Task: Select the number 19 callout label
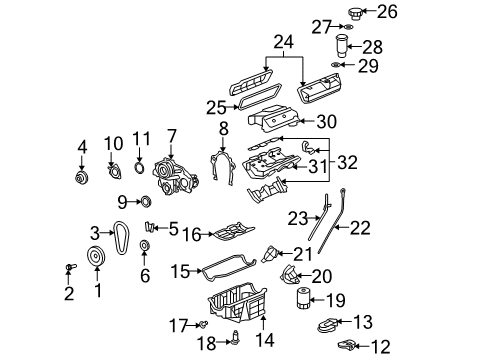point(337,299)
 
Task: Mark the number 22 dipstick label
point(360,229)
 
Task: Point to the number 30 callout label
point(355,121)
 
